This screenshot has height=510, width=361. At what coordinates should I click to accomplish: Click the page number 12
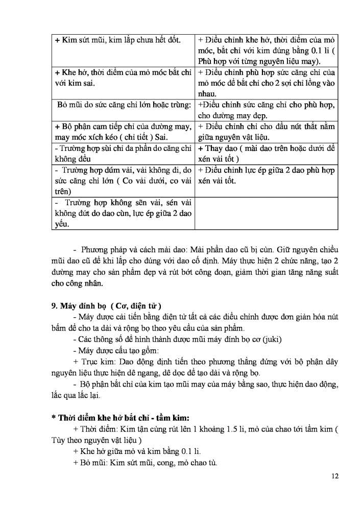tap(335, 476)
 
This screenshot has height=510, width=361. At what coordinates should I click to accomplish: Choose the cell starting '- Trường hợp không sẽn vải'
tap(123, 213)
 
